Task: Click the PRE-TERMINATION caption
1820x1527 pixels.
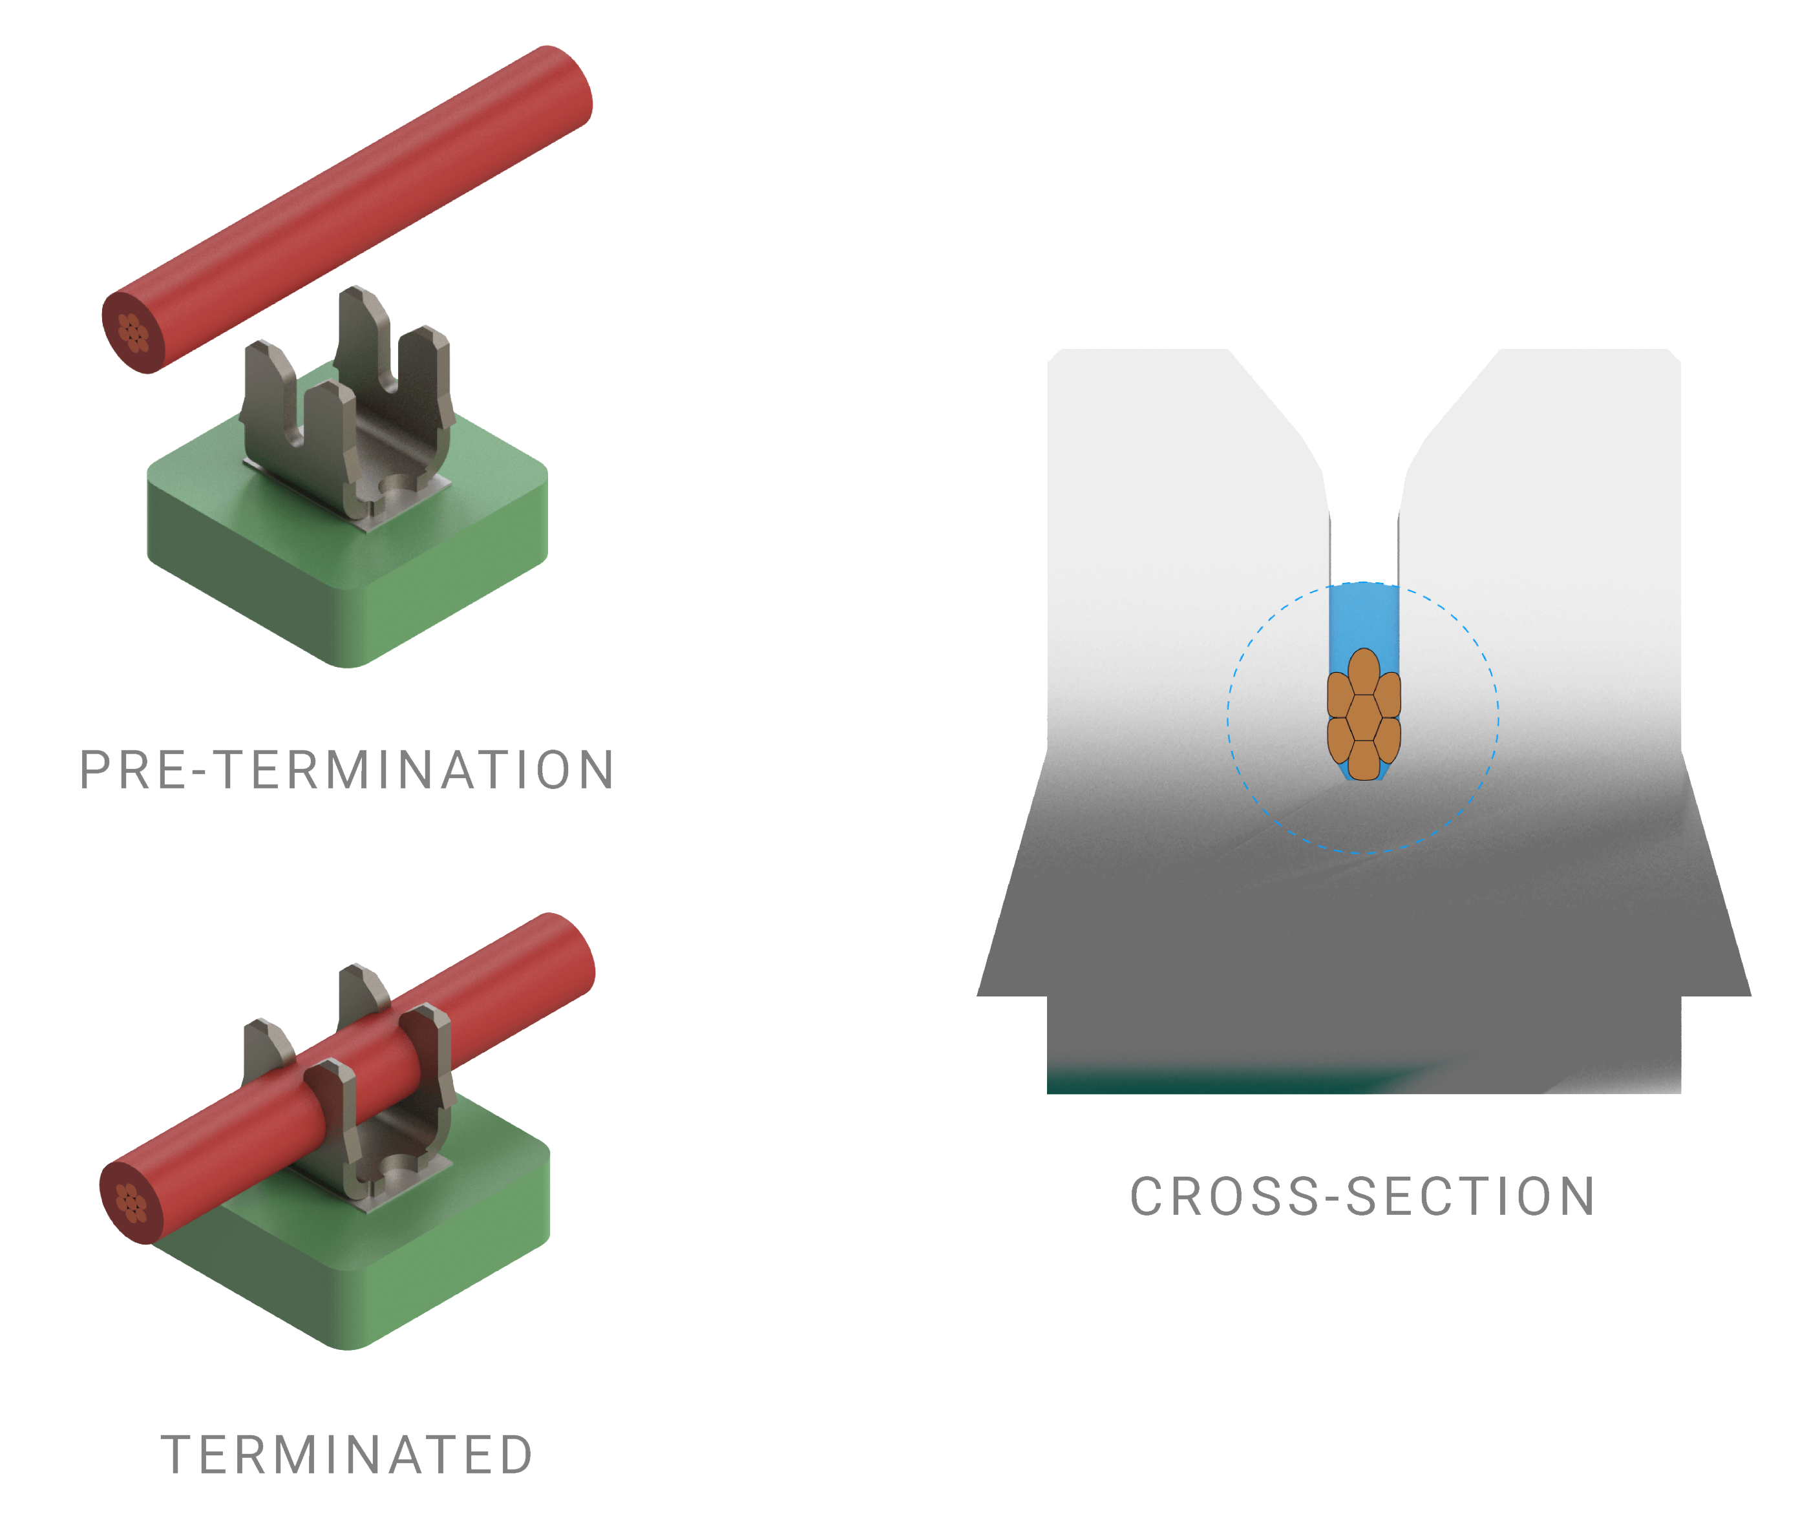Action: (346, 770)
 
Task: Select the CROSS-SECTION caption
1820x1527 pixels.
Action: (1362, 1197)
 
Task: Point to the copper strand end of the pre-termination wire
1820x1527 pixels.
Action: (132, 333)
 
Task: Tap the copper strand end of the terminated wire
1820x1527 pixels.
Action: (130, 1203)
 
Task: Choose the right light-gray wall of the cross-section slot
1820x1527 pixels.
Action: (1551, 520)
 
